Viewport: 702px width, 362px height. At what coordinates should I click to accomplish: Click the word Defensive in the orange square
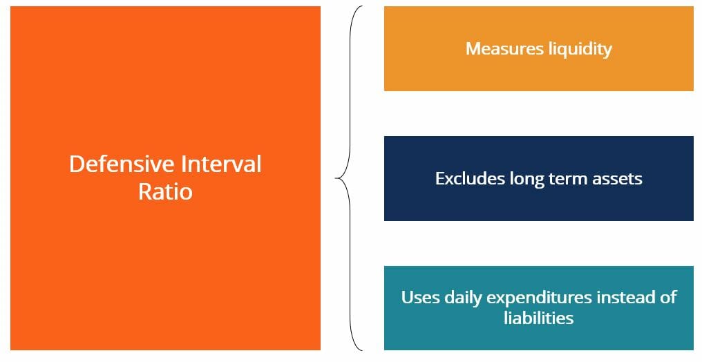(118, 164)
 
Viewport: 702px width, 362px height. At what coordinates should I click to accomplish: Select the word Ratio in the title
(165, 191)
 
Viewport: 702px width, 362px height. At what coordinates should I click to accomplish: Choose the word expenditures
(538, 298)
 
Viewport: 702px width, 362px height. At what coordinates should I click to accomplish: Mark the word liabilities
(538, 318)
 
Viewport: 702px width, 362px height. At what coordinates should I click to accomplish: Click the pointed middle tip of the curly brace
(335, 178)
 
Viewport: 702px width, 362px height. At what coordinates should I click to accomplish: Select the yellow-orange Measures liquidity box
(538, 49)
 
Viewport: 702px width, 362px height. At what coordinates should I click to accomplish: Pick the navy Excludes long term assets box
(538, 178)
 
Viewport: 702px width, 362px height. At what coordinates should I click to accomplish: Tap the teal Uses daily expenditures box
(538, 308)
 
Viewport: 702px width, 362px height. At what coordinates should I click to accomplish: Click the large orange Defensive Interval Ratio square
(165, 178)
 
